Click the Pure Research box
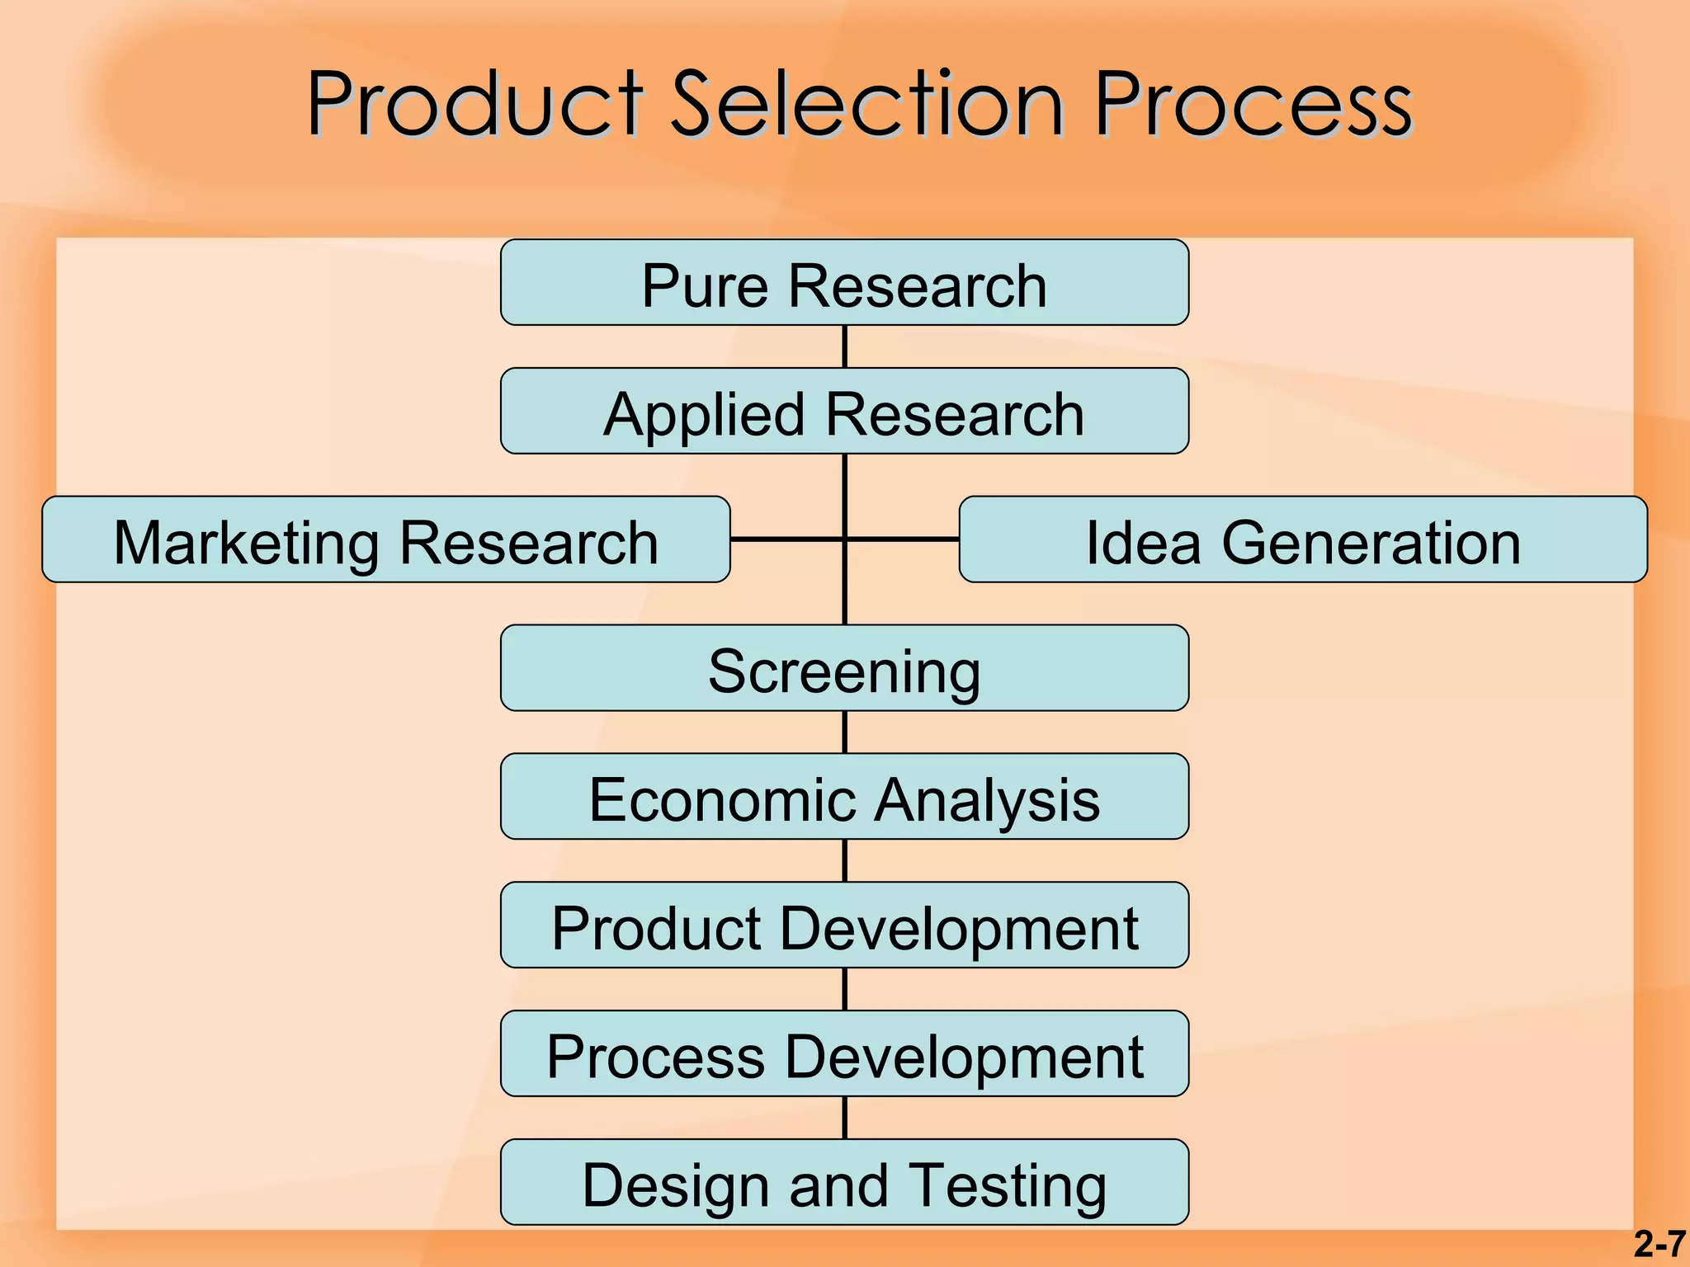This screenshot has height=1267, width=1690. (x=844, y=283)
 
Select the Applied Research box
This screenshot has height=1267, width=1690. (x=844, y=412)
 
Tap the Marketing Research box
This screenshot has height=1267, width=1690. (x=385, y=540)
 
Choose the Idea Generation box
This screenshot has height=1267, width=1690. (x=1303, y=540)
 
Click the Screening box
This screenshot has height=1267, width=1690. (x=844, y=669)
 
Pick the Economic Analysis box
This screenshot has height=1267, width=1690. (x=844, y=798)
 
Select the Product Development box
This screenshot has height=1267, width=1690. (x=844, y=926)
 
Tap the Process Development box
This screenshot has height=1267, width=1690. (x=844, y=1055)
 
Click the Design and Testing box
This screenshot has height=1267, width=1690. (x=844, y=1184)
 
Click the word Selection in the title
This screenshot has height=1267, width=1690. (x=866, y=105)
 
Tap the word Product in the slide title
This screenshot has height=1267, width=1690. (x=474, y=105)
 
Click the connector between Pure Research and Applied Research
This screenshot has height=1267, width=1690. (x=844, y=347)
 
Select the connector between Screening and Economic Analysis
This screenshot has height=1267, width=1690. (x=844, y=732)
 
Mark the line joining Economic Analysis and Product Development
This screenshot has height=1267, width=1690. (x=844, y=861)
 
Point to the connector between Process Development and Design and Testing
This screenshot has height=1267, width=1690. (x=844, y=1119)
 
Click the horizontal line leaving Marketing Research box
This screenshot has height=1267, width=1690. (x=784, y=539)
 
